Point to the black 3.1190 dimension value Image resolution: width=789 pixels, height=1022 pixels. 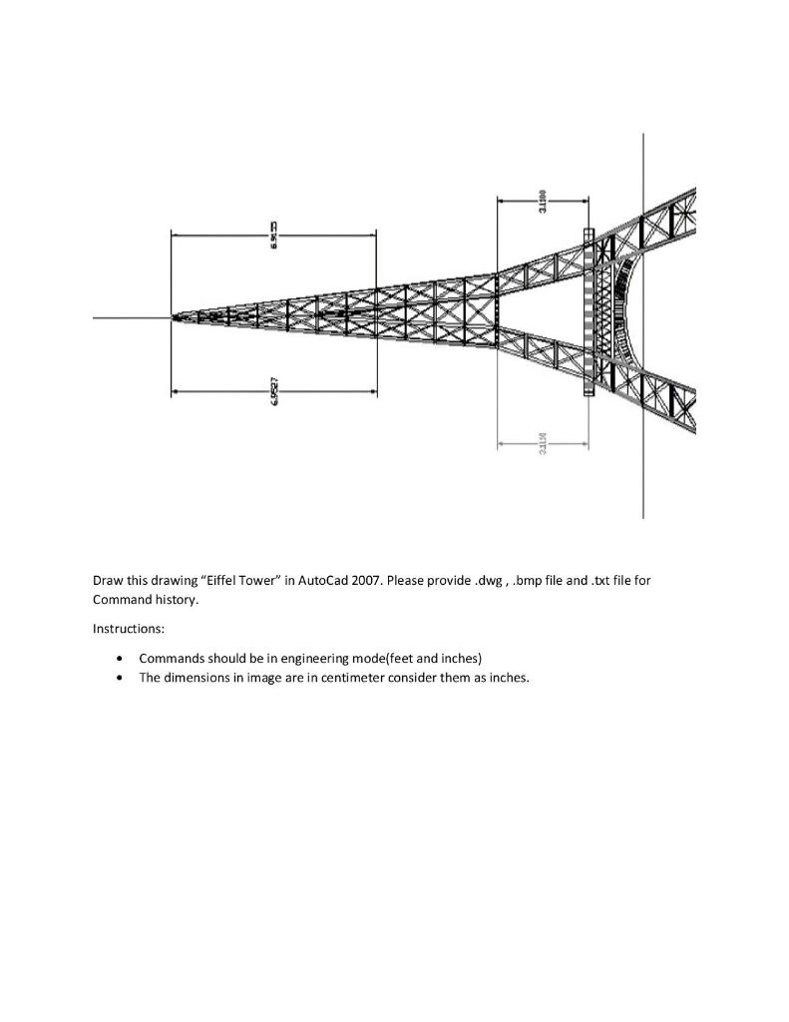click(542, 200)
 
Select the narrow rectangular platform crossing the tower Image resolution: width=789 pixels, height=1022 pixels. click(588, 312)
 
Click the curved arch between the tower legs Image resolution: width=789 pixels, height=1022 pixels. click(625, 311)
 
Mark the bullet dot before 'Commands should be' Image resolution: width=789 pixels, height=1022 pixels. click(121, 659)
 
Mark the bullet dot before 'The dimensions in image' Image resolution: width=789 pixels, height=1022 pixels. click(121, 678)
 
